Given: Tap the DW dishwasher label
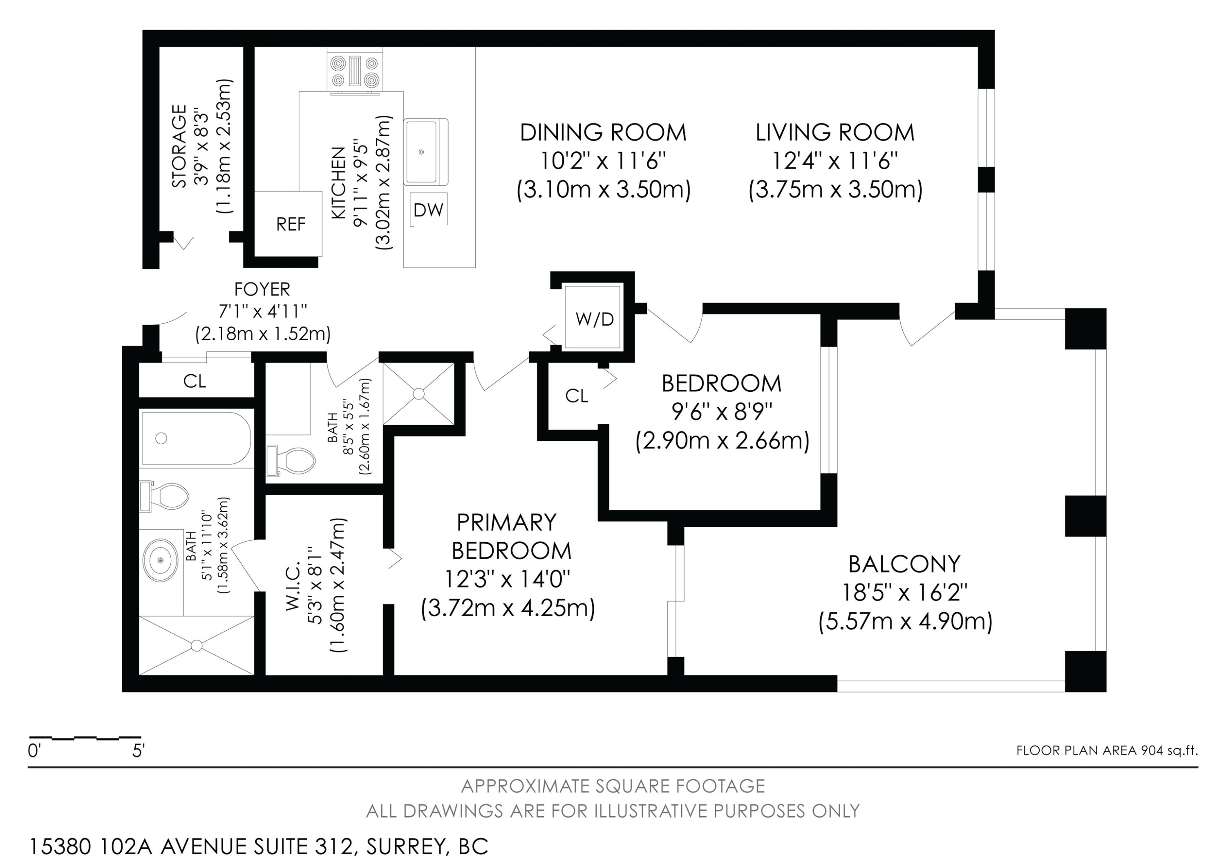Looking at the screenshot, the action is point(428,210).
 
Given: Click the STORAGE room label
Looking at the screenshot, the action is point(179,146).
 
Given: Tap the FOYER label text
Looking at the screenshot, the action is point(262,290).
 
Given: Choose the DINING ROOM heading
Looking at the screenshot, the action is point(603,133).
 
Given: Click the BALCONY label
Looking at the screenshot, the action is point(904,564).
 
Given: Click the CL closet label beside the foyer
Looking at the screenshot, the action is point(195,381).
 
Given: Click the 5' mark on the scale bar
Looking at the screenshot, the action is point(138,752).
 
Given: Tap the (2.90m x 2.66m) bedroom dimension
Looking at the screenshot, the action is point(722,441).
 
